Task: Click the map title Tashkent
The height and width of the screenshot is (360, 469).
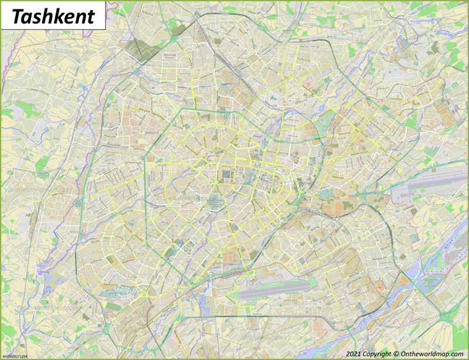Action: point(53,16)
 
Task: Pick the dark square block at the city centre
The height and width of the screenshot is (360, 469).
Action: point(227,175)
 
